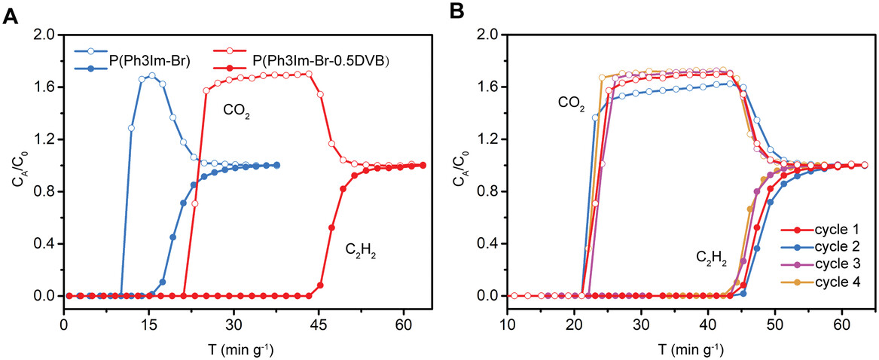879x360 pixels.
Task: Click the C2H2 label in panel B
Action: coord(711,261)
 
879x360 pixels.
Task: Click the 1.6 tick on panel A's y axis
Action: coord(47,87)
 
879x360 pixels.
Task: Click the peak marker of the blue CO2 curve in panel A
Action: coord(152,75)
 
